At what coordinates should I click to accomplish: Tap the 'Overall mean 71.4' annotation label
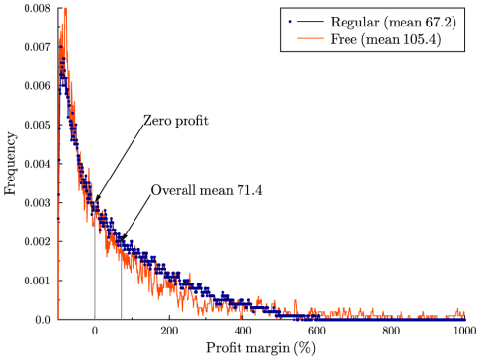point(200,190)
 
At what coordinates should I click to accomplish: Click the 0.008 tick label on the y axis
point(37,8)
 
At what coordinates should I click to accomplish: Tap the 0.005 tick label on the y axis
point(37,125)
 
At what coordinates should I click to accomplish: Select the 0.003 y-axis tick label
point(37,202)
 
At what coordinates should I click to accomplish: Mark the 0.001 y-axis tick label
point(37,281)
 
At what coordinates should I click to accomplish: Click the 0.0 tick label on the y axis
point(42,320)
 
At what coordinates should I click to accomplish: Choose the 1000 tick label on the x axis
point(465,332)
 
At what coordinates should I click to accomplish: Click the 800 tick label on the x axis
point(392,332)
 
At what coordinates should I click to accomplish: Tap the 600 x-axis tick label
point(317,332)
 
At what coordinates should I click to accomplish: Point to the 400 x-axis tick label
point(243,332)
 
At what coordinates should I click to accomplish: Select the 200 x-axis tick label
point(169,332)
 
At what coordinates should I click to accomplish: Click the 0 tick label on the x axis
point(95,332)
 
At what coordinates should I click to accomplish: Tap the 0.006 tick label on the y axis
point(37,85)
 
